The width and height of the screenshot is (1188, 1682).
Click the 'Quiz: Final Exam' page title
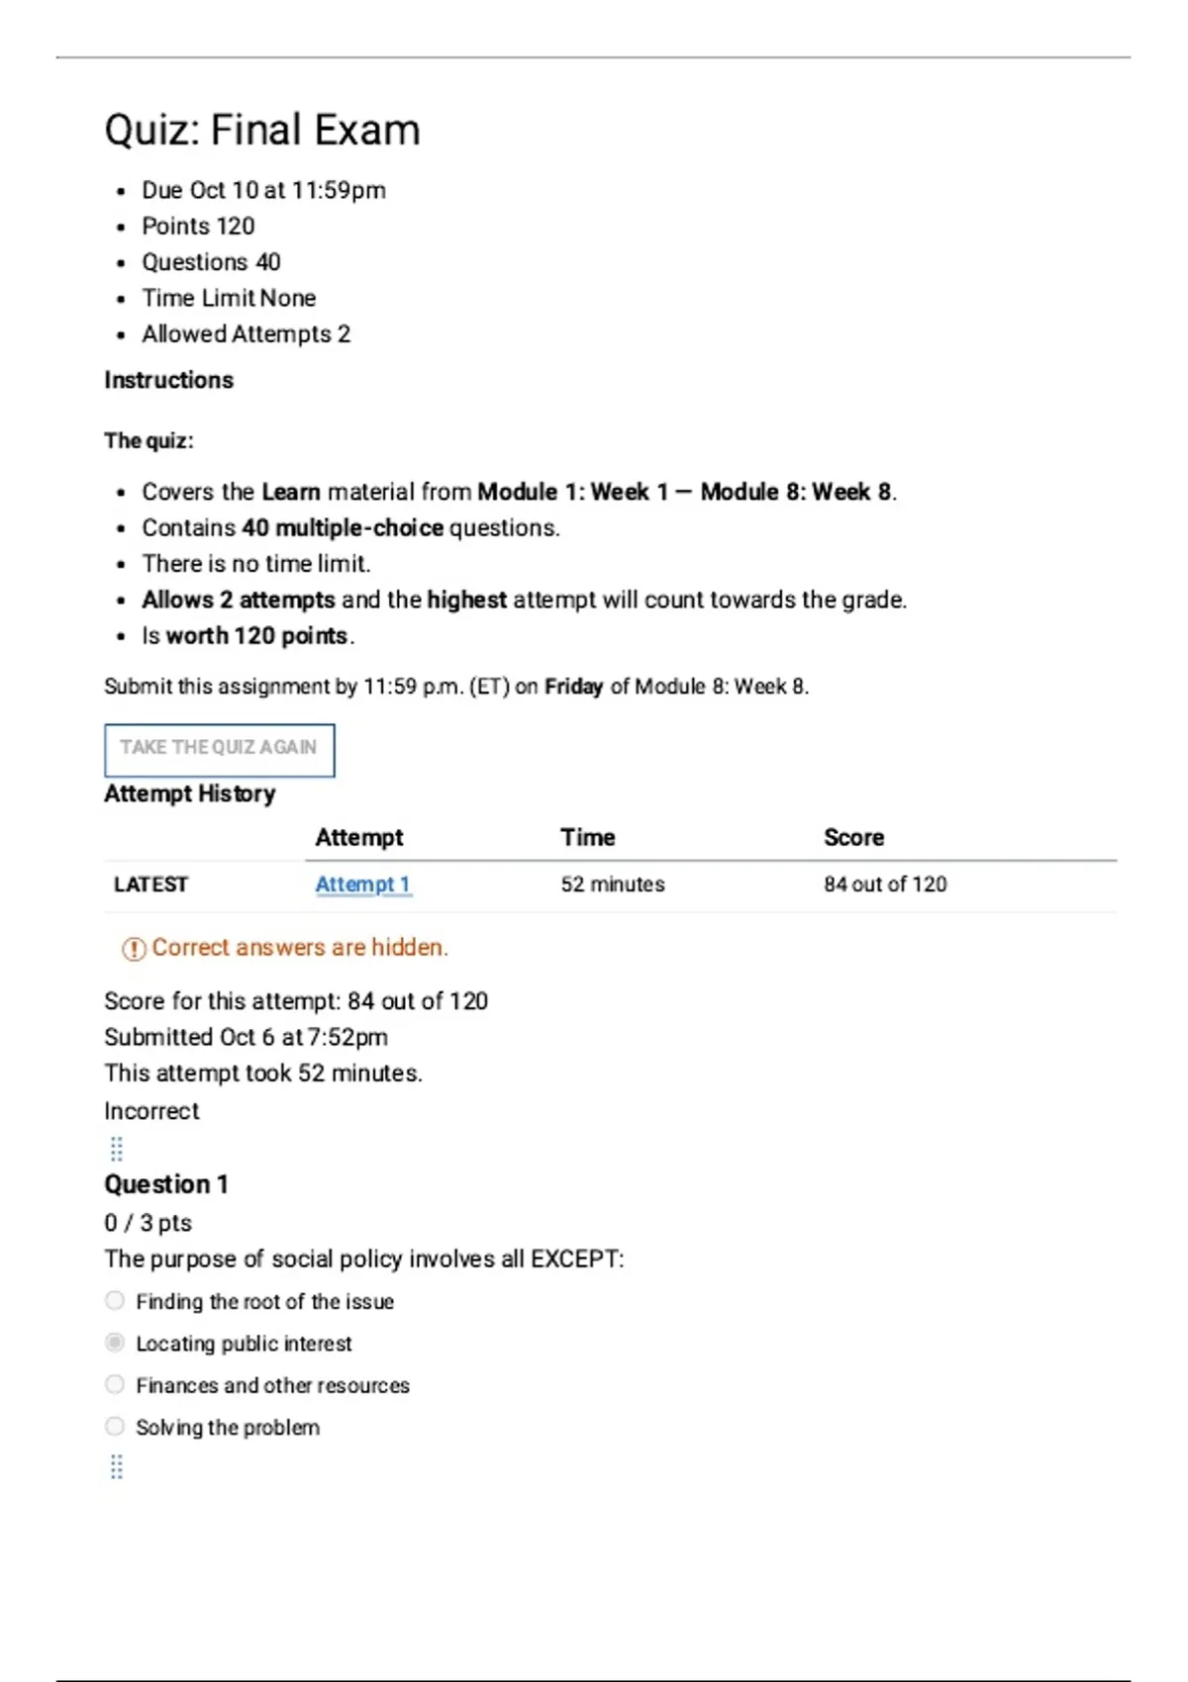(262, 130)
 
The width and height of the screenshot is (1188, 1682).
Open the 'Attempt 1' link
(362, 885)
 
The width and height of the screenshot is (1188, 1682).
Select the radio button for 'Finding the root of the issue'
(115, 1300)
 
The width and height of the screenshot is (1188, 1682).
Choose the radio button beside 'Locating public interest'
(115, 1343)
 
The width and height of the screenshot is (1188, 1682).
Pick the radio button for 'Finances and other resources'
(115, 1384)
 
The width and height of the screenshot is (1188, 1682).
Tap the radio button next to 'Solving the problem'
(115, 1426)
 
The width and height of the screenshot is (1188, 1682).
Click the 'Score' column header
(853, 837)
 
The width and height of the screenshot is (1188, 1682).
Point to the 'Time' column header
(587, 837)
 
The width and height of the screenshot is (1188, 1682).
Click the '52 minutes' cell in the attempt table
(612, 885)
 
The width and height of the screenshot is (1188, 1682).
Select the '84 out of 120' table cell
(884, 885)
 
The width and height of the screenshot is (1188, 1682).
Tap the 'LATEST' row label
(150, 885)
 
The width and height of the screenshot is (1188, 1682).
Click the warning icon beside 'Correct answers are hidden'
(133, 949)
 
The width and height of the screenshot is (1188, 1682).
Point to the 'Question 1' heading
(166, 1184)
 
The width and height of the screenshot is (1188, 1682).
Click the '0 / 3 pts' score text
(148, 1223)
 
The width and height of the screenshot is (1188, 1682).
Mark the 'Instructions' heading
(168, 380)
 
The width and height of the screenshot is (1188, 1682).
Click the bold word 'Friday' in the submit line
(573, 687)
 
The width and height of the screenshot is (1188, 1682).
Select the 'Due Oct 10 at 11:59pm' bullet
(263, 190)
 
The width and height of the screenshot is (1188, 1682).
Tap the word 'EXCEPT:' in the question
(577, 1259)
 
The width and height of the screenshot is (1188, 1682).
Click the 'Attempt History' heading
(189, 794)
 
